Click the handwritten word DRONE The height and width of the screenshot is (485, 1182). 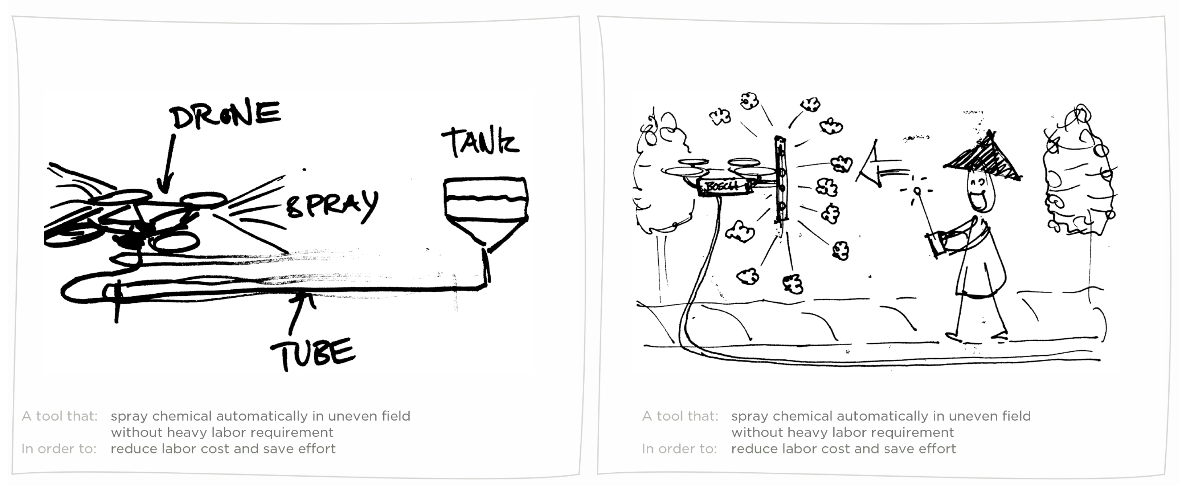[x=226, y=114]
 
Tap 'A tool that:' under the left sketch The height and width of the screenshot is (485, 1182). [x=60, y=416]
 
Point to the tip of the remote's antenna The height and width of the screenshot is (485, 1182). [x=917, y=191]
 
